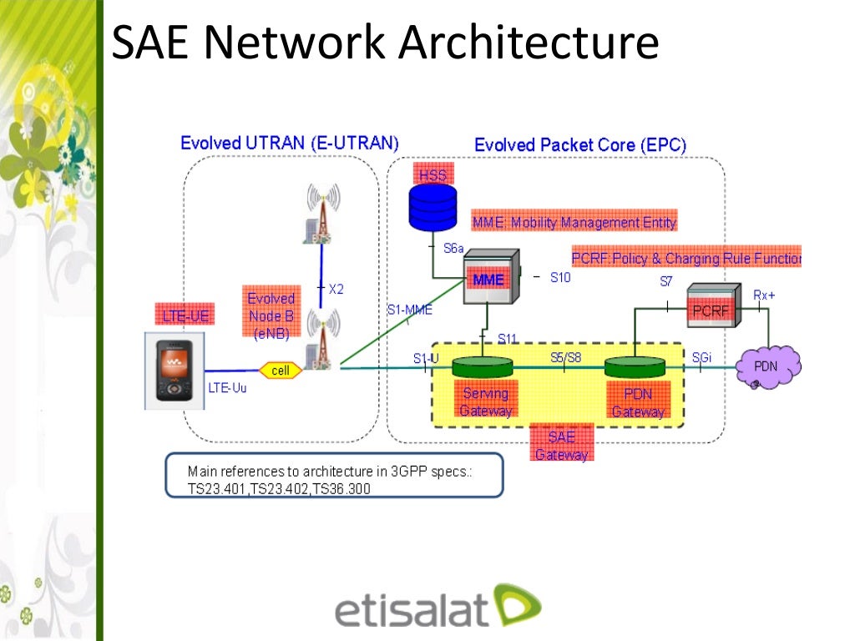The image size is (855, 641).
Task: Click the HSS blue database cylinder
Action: [433, 206]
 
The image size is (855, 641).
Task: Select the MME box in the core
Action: [488, 279]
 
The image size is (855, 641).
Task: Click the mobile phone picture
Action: [174, 370]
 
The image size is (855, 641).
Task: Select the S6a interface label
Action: [453, 249]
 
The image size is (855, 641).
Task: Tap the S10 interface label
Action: [560, 278]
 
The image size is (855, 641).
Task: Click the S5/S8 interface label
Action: [565, 358]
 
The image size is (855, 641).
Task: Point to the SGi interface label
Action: [701, 358]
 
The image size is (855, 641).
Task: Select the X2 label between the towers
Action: [336, 289]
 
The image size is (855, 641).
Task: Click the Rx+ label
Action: [764, 295]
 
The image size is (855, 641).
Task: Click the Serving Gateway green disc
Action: [482, 367]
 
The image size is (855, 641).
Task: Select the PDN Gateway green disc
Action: [635, 367]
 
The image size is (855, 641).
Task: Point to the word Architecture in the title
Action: [529, 43]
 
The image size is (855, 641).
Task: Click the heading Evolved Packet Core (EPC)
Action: [580, 145]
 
